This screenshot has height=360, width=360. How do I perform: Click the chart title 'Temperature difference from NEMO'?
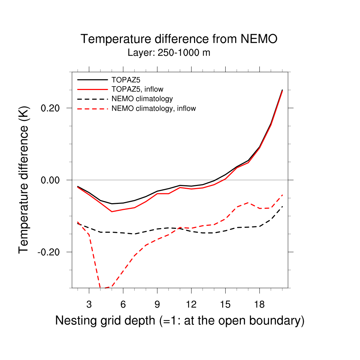coord(179,39)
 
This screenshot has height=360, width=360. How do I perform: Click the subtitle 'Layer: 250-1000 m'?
coord(169,53)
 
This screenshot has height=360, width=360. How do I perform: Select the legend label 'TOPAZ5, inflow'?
coord(137,89)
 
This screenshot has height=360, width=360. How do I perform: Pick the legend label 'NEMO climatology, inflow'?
coord(153,108)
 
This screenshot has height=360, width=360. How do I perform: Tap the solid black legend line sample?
coord(92,79)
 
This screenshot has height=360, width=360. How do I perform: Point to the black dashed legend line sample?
coord(92,99)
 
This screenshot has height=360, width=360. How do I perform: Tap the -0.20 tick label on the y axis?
coord(50,252)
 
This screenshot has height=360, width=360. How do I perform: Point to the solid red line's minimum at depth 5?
coord(112,211)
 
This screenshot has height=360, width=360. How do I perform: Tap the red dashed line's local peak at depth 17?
coord(248,203)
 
